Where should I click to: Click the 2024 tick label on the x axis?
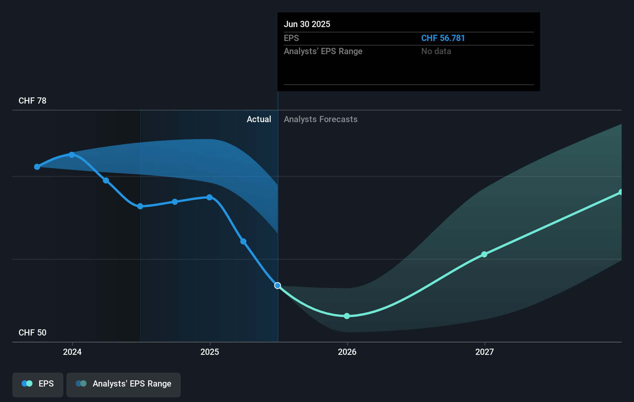[72, 352]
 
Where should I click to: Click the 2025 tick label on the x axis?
[210, 352]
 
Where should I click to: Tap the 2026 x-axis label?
[347, 352]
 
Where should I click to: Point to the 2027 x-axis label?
[485, 352]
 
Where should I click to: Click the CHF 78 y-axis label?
[32, 101]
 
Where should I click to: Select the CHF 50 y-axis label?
[32, 333]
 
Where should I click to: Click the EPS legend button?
[38, 384]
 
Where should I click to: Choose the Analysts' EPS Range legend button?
[124, 384]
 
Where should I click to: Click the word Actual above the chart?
[259, 119]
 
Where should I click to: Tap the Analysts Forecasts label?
[320, 119]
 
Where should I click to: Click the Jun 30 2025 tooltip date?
[307, 24]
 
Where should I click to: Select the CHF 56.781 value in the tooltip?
[443, 38]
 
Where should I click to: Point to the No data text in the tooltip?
[436, 51]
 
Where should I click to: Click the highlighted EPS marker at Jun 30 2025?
[278, 286]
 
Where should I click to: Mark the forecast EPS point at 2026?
[347, 316]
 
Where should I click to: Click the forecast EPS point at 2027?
[484, 254]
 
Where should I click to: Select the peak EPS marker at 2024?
[72, 155]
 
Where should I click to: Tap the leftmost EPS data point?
[37, 167]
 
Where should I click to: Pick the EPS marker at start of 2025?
[209, 198]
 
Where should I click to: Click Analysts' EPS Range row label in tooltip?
[323, 51]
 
